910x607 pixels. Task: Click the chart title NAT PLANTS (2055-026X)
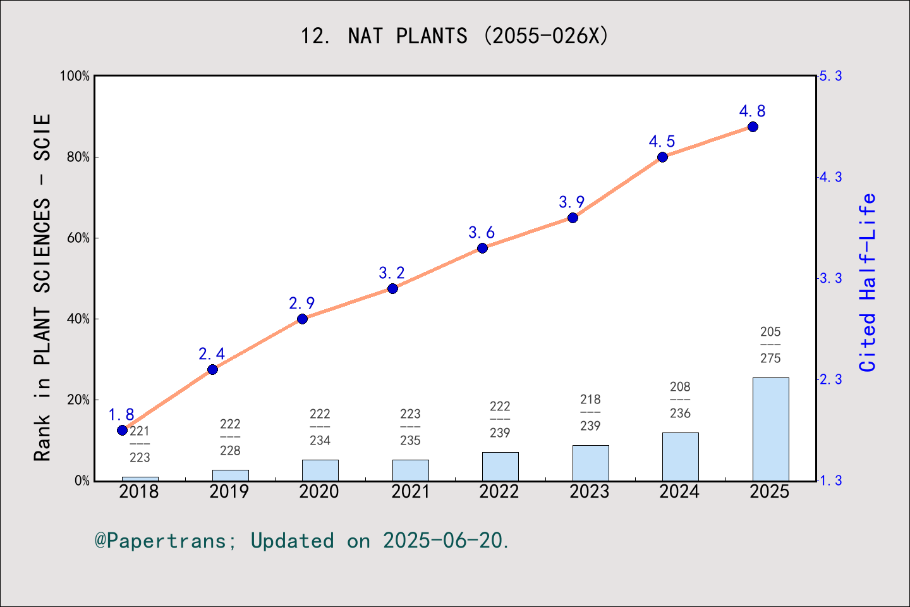pyautogui.click(x=454, y=35)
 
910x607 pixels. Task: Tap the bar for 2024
pyautogui.click(x=680, y=457)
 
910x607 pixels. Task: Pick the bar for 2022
pyautogui.click(x=500, y=466)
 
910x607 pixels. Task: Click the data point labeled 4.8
pyautogui.click(x=753, y=127)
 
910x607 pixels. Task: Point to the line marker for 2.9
pyautogui.click(x=302, y=319)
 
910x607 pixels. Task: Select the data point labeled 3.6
pyautogui.click(x=482, y=248)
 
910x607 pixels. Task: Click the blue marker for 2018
pyautogui.click(x=123, y=431)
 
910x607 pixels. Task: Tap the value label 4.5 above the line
pyautogui.click(x=662, y=142)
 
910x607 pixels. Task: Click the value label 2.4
pyautogui.click(x=212, y=354)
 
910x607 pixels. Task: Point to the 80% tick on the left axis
pyautogui.click(x=78, y=157)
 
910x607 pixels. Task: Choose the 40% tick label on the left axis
pyautogui.click(x=78, y=319)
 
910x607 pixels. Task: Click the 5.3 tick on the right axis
pyautogui.click(x=830, y=76)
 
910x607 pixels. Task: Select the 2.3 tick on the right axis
pyautogui.click(x=830, y=379)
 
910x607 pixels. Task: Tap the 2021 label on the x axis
pyautogui.click(x=410, y=492)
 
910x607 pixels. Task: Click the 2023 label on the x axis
pyautogui.click(x=590, y=492)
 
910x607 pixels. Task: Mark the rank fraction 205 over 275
pyautogui.click(x=770, y=345)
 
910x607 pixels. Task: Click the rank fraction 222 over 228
pyautogui.click(x=230, y=438)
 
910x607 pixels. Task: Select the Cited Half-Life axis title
pyautogui.click(x=868, y=283)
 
